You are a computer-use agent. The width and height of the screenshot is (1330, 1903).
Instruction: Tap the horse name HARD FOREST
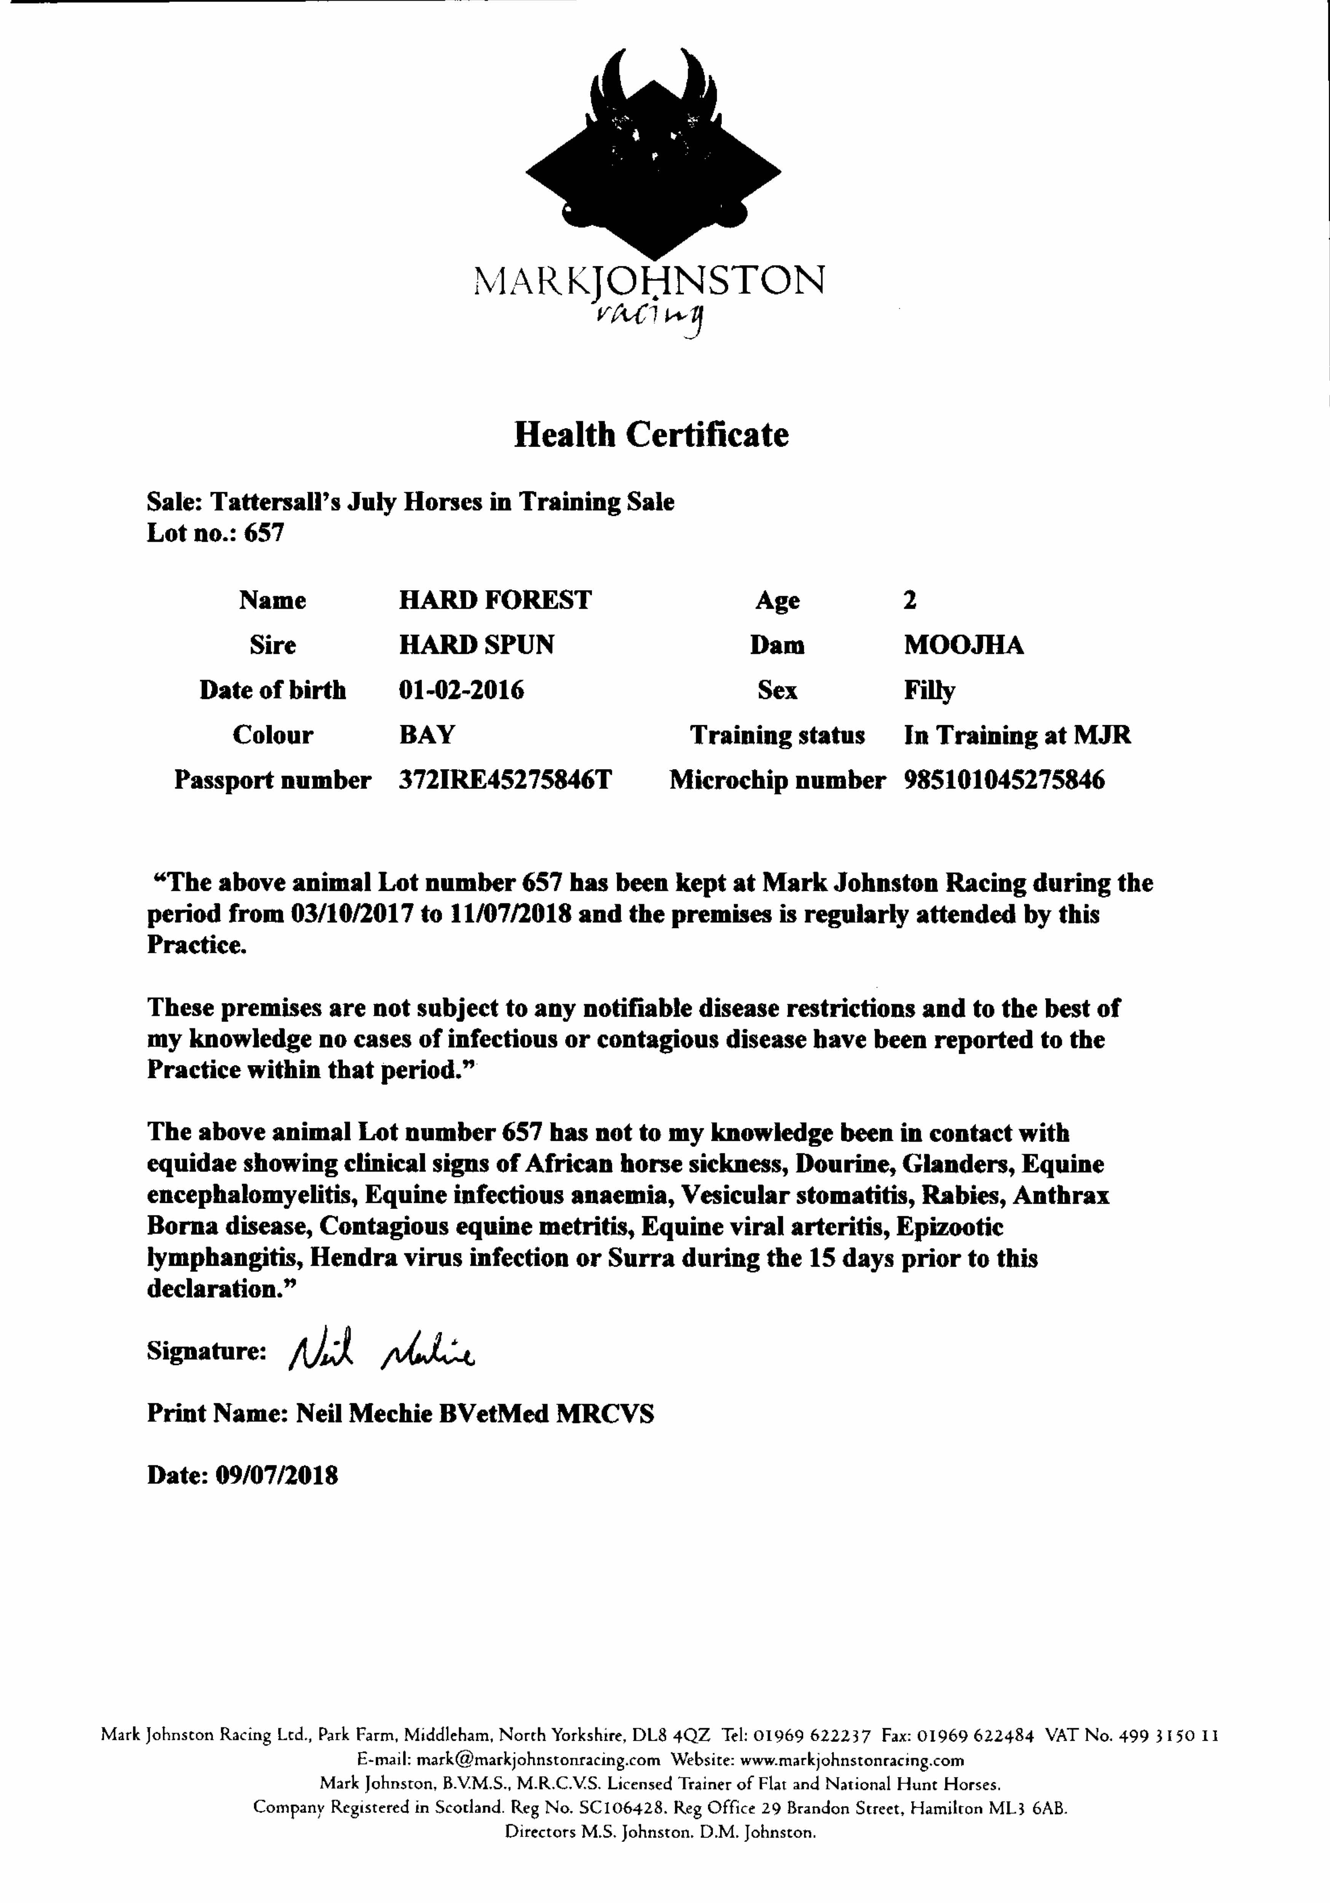tap(495, 600)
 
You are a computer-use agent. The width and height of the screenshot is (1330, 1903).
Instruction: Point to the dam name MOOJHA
tap(963, 645)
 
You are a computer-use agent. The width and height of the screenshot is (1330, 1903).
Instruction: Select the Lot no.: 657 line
tap(215, 533)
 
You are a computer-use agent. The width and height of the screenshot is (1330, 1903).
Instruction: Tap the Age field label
tap(777, 600)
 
